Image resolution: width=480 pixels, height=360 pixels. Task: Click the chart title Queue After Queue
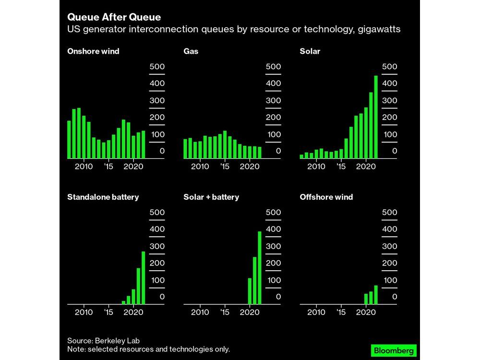coord(114,17)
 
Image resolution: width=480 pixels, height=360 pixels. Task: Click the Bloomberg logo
coord(393,350)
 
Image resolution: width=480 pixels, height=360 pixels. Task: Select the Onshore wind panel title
coord(93,51)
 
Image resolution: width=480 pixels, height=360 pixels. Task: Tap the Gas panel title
coord(191,51)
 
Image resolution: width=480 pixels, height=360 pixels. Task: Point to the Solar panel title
coord(310,51)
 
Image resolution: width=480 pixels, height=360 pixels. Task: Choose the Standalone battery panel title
coord(103,197)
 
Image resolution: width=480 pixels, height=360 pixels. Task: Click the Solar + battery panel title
coord(211,197)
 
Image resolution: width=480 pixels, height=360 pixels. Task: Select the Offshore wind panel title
coord(326,197)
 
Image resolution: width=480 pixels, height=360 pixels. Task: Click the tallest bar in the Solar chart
coord(376,117)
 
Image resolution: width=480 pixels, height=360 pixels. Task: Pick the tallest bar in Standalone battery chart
coord(143,278)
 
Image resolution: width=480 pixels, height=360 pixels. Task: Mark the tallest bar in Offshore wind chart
coord(376,295)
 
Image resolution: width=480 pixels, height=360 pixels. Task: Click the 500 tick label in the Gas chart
coord(273,67)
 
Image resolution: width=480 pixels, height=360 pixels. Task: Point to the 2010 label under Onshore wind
coord(84,167)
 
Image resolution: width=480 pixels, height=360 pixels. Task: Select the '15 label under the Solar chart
coord(341,167)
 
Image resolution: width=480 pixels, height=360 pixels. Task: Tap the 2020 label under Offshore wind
coord(366,312)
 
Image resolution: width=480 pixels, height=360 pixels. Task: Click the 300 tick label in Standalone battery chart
coord(157,246)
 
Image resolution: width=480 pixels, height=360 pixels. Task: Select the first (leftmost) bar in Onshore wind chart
coord(69,139)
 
